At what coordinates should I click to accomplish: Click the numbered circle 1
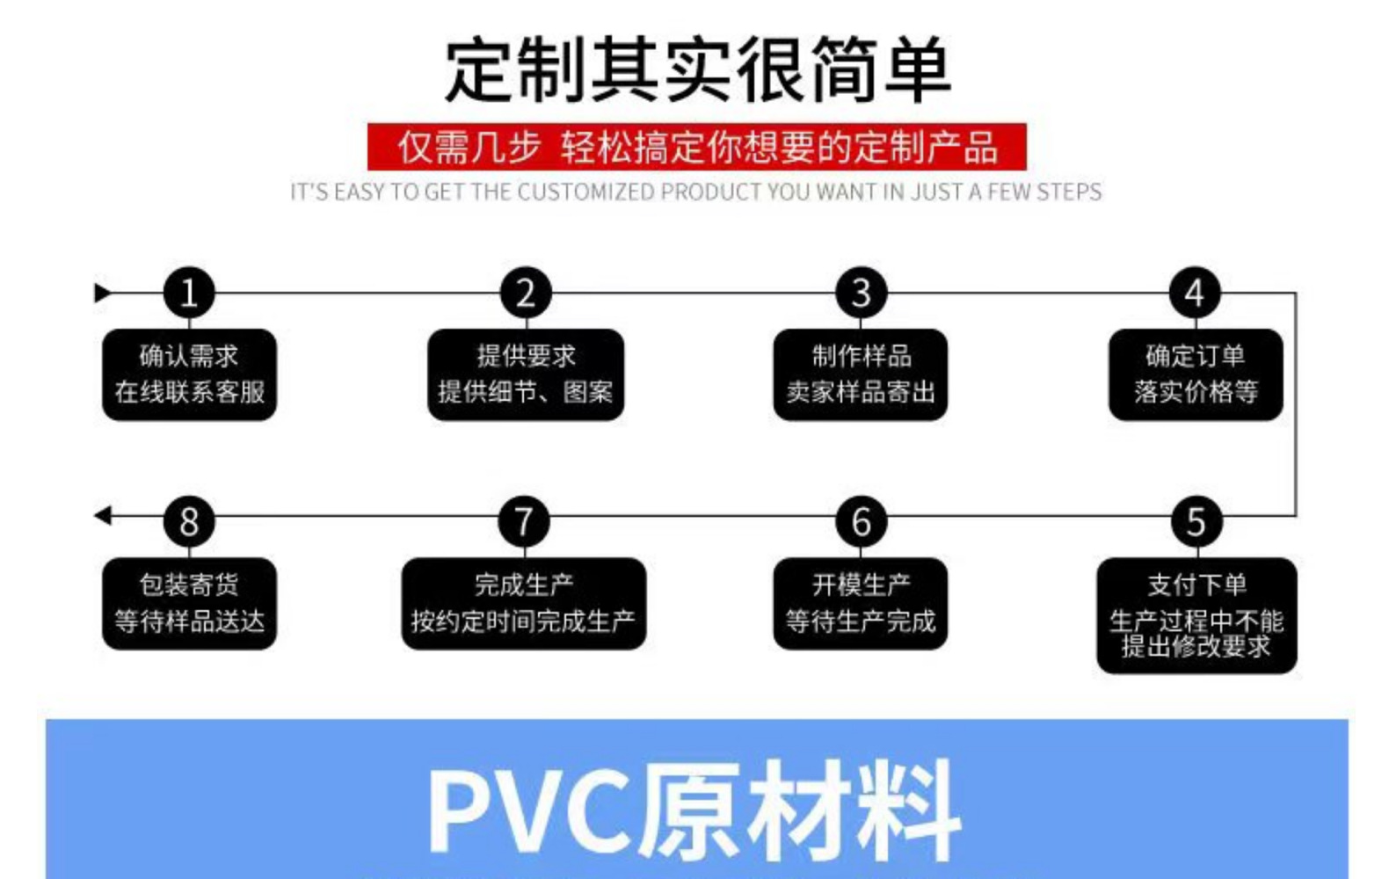tap(189, 293)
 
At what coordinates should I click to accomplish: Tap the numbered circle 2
tap(525, 293)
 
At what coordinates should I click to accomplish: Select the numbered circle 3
tap(861, 293)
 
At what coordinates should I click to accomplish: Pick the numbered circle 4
tap(1195, 293)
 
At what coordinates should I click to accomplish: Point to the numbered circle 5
tap(1196, 521)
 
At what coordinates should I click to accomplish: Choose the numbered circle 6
tap(861, 521)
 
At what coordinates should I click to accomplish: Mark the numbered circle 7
tap(524, 521)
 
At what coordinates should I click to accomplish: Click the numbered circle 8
tap(189, 521)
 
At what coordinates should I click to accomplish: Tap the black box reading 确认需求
tap(189, 374)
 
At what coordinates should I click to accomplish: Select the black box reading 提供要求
tap(526, 374)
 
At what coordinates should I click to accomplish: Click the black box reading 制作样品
tap(861, 374)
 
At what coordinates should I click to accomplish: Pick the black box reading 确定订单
tap(1196, 374)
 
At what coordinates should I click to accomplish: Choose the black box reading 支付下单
tap(1196, 615)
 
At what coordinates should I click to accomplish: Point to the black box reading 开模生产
tap(861, 604)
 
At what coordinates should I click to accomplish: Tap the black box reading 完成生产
tap(524, 604)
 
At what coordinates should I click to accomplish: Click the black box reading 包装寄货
tap(189, 604)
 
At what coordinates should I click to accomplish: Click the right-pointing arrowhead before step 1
tap(103, 293)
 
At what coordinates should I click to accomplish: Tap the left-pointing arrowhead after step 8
tap(103, 516)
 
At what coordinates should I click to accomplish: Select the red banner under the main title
tap(696, 147)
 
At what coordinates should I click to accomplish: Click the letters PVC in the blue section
tap(532, 810)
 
